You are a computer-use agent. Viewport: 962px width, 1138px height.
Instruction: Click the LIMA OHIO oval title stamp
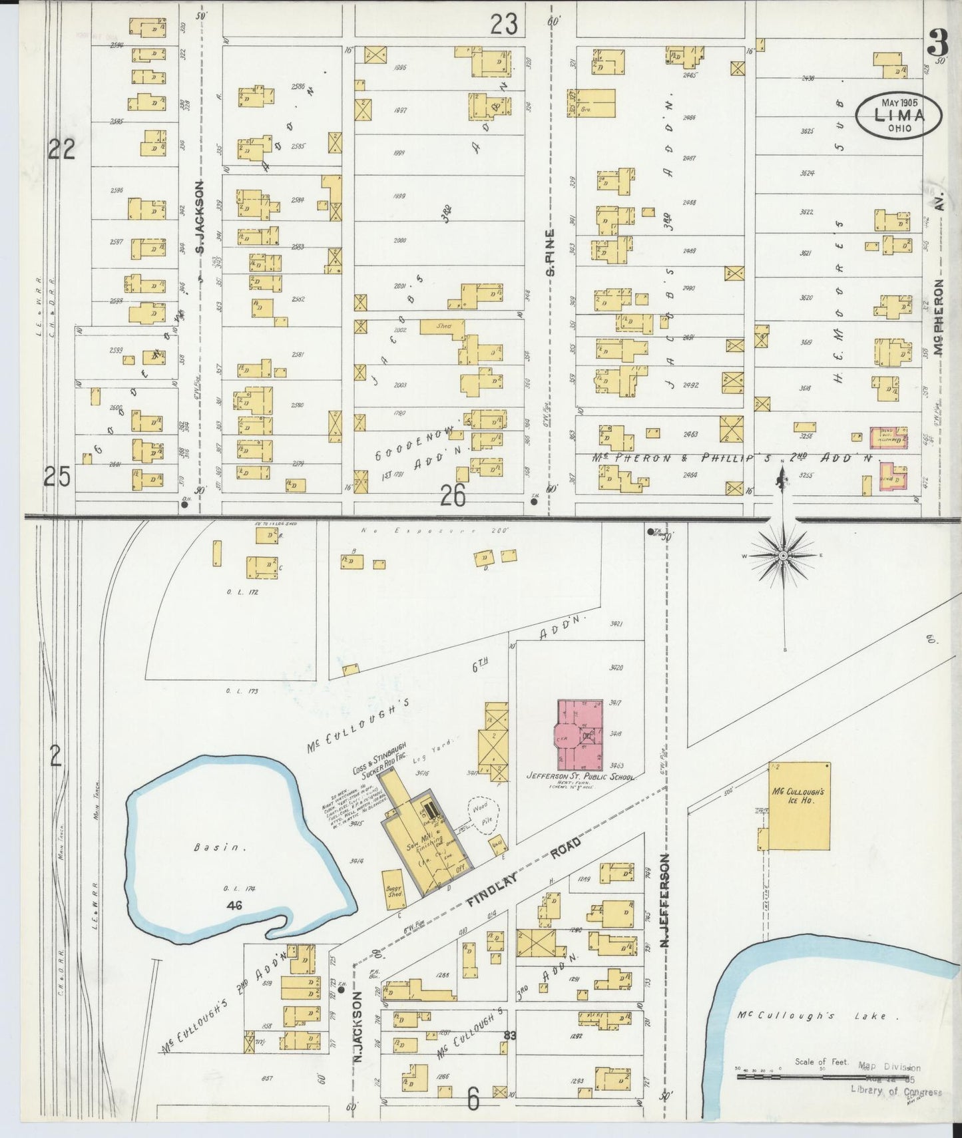(x=899, y=116)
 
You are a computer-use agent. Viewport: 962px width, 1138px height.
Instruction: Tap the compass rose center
(x=784, y=556)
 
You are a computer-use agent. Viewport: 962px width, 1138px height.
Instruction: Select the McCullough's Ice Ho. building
(x=799, y=806)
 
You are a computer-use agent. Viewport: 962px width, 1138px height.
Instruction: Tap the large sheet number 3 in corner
(x=939, y=47)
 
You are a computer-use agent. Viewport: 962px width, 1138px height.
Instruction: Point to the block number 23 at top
(x=504, y=25)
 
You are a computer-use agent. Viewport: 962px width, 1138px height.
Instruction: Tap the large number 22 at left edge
(x=61, y=150)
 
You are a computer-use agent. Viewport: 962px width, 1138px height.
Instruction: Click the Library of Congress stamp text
(x=895, y=1092)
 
